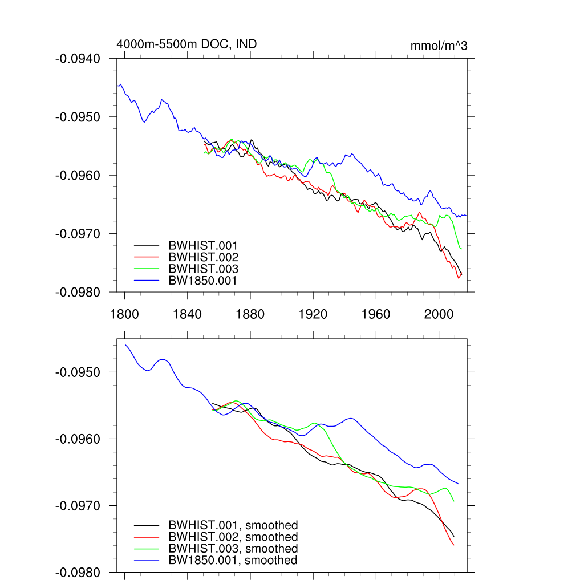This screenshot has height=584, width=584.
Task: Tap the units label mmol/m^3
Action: pyautogui.click(x=439, y=46)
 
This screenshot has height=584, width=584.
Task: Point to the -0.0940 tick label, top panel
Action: pyautogui.click(x=78, y=58)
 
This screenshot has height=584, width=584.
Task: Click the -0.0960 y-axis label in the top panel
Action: pyautogui.click(x=78, y=175)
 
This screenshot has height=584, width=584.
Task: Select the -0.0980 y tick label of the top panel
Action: pyautogui.click(x=78, y=292)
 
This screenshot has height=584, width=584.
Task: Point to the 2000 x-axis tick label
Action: pyautogui.click(x=439, y=314)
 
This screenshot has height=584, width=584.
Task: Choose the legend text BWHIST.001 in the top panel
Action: pyautogui.click(x=203, y=245)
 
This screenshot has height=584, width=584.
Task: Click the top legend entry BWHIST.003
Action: pyautogui.click(x=203, y=269)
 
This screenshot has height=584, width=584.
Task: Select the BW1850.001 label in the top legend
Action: pyautogui.click(x=203, y=281)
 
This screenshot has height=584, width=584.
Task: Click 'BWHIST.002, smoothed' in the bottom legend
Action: pyautogui.click(x=233, y=537)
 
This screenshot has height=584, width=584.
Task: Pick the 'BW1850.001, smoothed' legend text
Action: pyautogui.click(x=233, y=561)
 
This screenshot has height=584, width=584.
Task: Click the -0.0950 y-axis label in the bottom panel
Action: pyautogui.click(x=78, y=372)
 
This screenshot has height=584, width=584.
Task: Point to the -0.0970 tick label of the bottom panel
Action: pyautogui.click(x=78, y=506)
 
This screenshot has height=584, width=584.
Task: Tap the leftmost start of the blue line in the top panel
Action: pyautogui.click(x=117, y=86)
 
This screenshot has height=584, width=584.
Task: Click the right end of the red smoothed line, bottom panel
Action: pyautogui.click(x=453, y=545)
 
